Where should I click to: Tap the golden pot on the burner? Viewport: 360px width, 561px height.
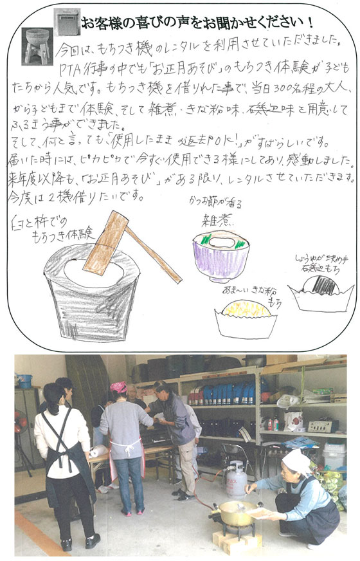(x=237, y=512)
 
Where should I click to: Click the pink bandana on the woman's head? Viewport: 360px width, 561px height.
(x=119, y=387)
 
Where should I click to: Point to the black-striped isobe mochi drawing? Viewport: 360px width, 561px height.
(x=321, y=285)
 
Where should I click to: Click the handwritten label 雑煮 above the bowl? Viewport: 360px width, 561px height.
(x=217, y=219)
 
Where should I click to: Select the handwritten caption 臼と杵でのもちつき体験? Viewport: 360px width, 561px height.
(x=55, y=228)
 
